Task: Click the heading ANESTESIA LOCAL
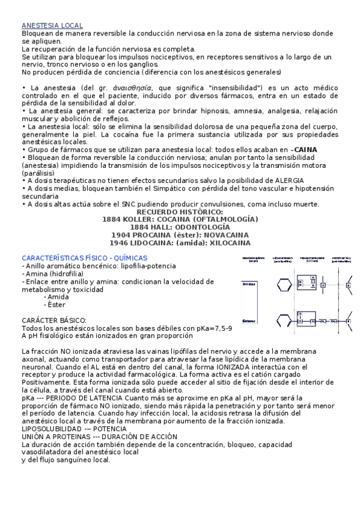(52, 26)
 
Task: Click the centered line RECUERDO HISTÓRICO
(180, 212)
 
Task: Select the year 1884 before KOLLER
(115, 220)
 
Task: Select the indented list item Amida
(58, 296)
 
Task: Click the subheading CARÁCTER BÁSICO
(54, 321)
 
